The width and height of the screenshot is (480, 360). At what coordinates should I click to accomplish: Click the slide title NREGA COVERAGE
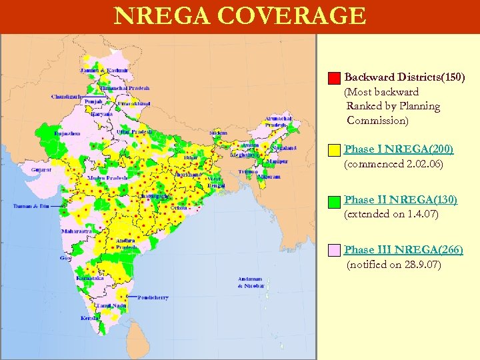240,16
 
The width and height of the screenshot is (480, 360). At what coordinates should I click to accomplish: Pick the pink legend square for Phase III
335,251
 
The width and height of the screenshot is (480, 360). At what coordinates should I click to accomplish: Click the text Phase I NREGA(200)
397,149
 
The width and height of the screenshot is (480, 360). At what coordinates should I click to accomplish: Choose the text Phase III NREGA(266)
403,249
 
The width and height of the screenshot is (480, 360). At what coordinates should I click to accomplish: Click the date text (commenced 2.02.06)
393,164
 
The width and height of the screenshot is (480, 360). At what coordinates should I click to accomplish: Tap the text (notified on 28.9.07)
394,265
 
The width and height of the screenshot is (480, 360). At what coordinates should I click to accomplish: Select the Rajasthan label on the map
67,133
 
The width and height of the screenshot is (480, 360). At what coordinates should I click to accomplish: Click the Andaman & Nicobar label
251,282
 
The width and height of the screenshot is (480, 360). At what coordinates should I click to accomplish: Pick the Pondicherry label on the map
153,297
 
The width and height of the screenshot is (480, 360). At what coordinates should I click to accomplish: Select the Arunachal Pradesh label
279,121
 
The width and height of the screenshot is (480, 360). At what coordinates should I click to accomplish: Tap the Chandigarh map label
65,97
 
